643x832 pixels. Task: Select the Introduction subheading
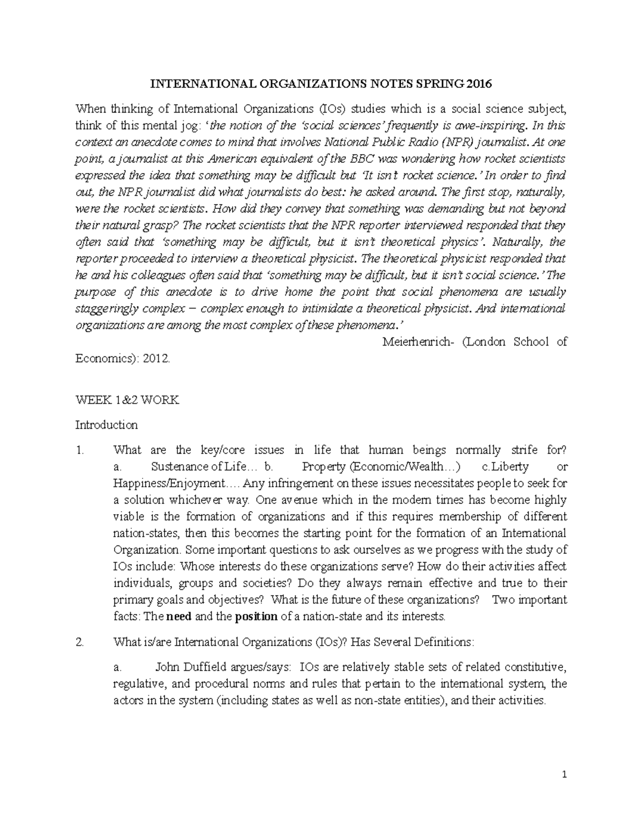pyautogui.click(x=106, y=425)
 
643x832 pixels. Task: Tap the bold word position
pyautogui.click(x=256, y=616)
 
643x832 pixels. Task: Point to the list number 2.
pyautogui.click(x=80, y=642)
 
